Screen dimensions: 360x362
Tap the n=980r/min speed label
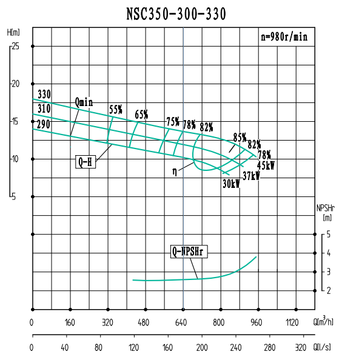pos(284,37)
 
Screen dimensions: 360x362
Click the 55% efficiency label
pos(116,110)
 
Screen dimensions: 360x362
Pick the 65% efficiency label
pos(141,115)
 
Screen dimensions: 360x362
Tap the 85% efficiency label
pos(240,137)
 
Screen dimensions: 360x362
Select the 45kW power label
pos(266,165)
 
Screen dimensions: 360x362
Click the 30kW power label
pos(231,185)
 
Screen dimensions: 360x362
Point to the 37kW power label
pos(251,176)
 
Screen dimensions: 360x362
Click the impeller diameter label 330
pos(44,95)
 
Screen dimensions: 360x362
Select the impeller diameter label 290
pos(44,123)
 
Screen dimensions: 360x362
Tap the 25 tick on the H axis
pos(15,46)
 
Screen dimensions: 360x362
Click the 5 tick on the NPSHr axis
pos(328,234)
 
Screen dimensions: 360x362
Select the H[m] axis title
pos(13,32)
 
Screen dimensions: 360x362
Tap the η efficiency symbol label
pos(175,172)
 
